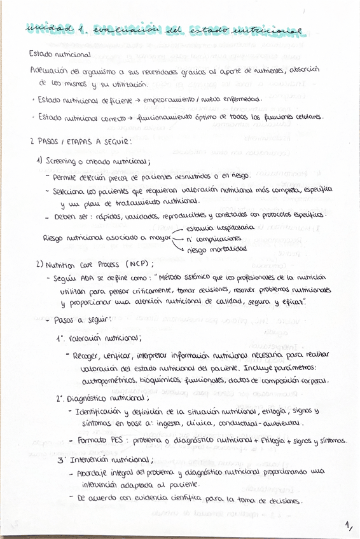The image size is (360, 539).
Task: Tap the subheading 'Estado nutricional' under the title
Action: point(60,55)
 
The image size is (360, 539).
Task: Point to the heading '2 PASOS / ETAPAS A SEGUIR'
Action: point(80,142)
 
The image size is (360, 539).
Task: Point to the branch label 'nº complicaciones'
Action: point(215,238)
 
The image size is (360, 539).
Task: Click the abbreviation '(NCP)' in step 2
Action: point(139,263)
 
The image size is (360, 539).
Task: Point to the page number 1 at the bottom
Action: point(348,526)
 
